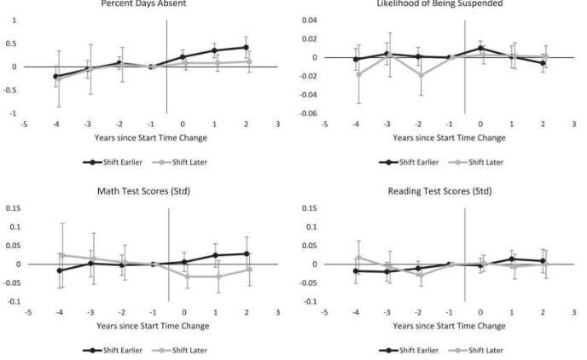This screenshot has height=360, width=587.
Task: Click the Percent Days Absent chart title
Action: pos(155,3)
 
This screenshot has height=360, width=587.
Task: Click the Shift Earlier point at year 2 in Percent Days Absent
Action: pos(247,47)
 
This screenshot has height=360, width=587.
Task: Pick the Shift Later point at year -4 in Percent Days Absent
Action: pos(58,79)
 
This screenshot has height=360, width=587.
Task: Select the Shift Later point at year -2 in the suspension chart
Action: pos(418,75)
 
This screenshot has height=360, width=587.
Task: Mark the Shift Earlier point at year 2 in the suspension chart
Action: pos(543,62)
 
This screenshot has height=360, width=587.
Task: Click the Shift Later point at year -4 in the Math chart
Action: pos(61,254)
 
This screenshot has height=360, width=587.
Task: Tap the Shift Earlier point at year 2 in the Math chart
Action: pos(247,253)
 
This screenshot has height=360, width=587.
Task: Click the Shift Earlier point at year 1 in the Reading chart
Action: pos(512,258)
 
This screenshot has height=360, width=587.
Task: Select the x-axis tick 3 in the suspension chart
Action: pos(573,123)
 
